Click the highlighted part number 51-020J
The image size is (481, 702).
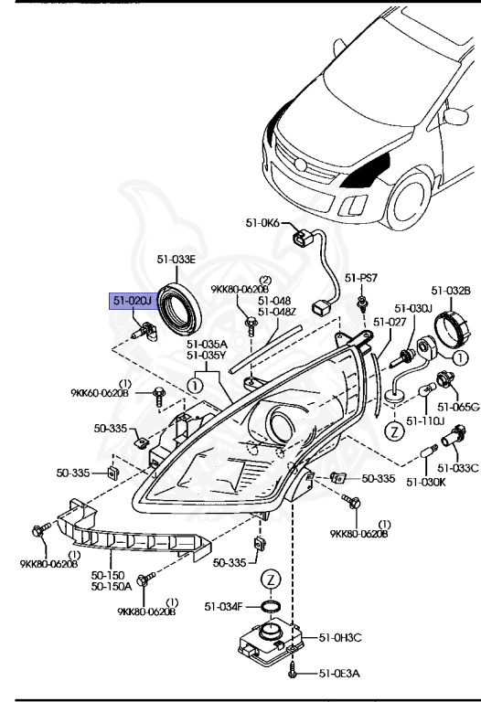tap(132, 300)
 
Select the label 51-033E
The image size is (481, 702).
tap(176, 260)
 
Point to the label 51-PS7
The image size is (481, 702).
tap(361, 278)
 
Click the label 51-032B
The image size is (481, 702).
tap(452, 291)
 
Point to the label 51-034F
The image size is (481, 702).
tap(223, 606)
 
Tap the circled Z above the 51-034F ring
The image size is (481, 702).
tap(272, 580)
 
